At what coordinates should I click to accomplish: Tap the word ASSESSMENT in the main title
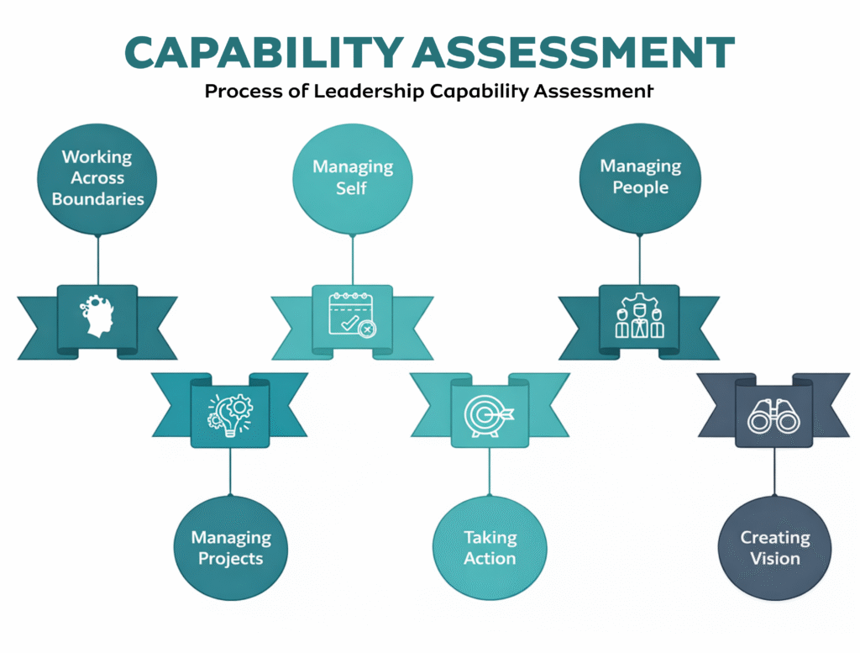575,53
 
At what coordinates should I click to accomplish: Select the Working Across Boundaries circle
97,177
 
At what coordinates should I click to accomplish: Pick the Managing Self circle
352,176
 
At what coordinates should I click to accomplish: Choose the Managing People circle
640,176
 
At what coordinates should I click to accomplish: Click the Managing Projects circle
231,548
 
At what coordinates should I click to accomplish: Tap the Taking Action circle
490,548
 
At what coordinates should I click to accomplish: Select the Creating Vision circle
775,548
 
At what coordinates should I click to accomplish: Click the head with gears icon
97,317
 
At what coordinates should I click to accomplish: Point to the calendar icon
352,316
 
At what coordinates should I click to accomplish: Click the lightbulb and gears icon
230,412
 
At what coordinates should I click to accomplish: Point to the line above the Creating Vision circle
775,471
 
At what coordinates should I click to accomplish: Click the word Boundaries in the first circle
97,199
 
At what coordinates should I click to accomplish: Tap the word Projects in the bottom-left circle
231,559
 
